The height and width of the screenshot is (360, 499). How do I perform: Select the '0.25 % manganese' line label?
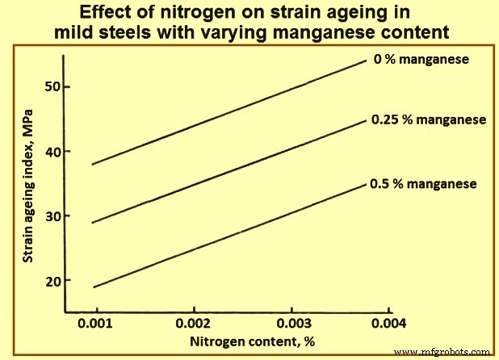[428, 119]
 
